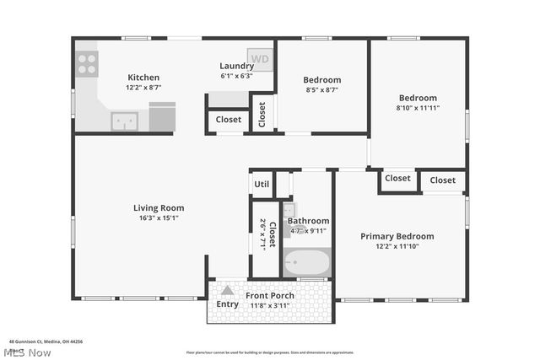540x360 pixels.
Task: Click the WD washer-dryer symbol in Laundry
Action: [259, 59]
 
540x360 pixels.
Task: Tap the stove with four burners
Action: [87, 63]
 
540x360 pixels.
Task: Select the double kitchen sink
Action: [125, 121]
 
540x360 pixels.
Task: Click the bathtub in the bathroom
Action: [306, 265]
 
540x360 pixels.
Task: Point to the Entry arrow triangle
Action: [227, 291]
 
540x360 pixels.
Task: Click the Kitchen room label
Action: [143, 78]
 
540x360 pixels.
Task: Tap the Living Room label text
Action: [159, 207]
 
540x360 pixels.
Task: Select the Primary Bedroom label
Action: [397, 236]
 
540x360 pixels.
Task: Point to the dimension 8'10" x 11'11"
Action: [418, 108]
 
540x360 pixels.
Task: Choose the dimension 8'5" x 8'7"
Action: [321, 90]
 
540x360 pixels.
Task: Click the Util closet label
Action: [262, 184]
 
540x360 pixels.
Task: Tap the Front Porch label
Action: [269, 296]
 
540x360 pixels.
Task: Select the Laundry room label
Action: [236, 66]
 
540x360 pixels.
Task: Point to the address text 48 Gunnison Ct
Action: [46, 341]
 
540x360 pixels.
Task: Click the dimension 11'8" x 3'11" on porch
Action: [269, 306]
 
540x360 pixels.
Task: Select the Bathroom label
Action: [308, 221]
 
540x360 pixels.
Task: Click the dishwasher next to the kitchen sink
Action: [162, 117]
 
